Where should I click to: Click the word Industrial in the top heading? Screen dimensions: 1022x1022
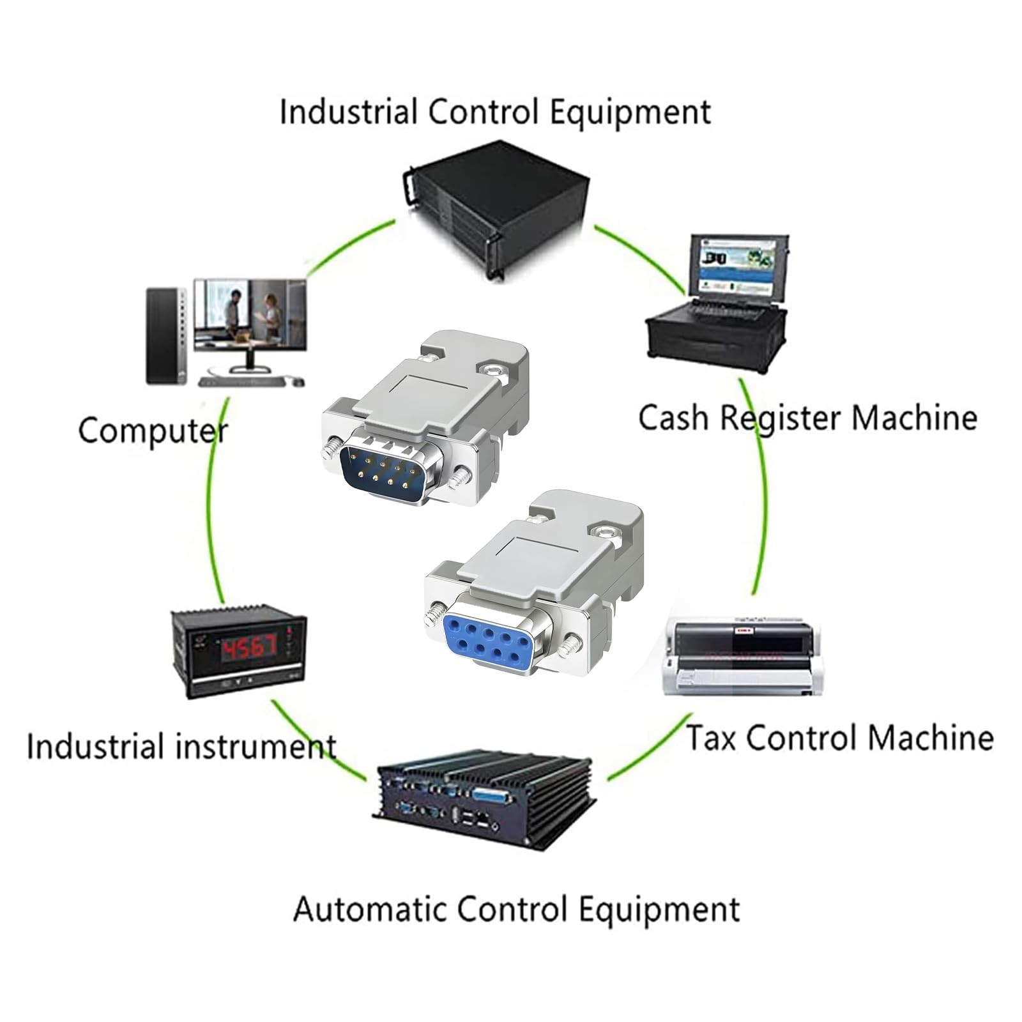pos(349,112)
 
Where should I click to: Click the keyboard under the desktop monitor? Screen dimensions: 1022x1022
pos(241,382)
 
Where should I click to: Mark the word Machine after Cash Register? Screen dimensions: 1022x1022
pos(914,418)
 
